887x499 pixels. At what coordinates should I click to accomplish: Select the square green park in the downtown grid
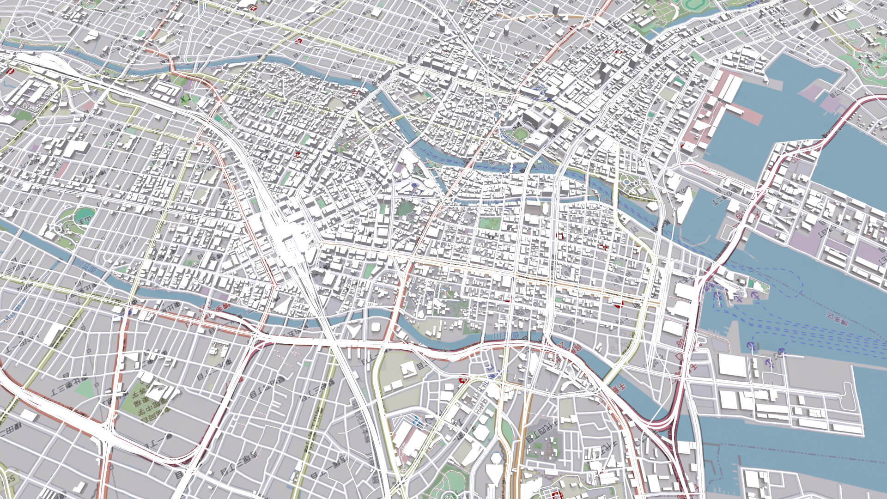(x=489, y=224)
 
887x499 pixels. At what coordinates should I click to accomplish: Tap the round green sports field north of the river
(x=519, y=134)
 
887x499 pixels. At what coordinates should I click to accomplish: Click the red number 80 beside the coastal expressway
(x=681, y=343)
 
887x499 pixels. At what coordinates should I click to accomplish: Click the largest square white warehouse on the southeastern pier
(x=732, y=365)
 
